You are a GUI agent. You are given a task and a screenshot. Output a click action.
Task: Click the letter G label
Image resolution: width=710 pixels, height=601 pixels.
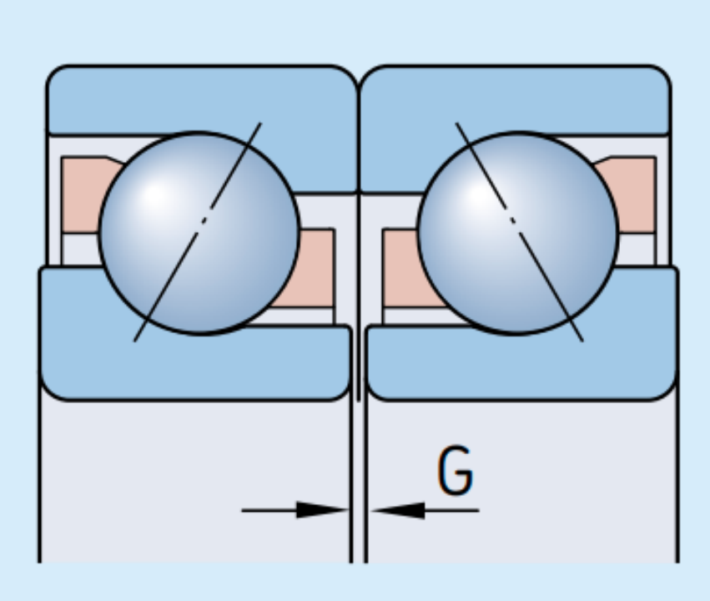pyautogui.click(x=456, y=472)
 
